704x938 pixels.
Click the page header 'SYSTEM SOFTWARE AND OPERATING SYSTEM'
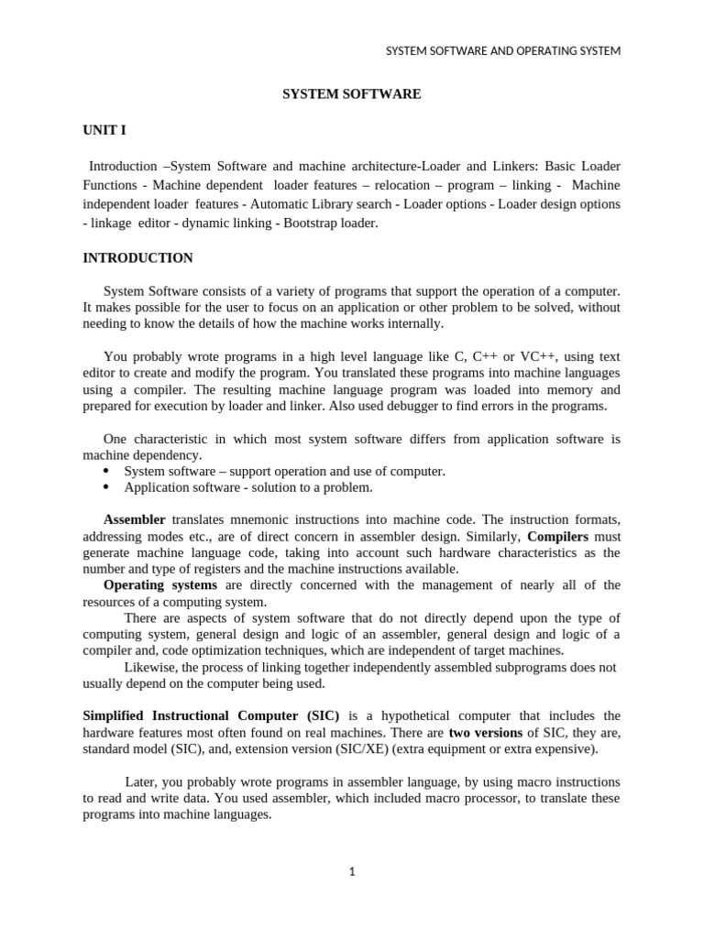[502, 51]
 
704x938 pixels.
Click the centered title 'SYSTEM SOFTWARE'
[351, 94]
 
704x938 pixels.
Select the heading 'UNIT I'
[104, 130]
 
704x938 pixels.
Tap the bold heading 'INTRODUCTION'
[137, 258]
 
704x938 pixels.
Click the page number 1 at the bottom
[351, 871]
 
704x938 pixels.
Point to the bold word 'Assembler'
[135, 520]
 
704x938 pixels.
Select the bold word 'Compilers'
[558, 537]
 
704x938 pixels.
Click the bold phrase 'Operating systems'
[160, 585]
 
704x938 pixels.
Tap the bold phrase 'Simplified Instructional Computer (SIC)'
[211, 715]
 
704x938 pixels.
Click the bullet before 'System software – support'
[105, 471]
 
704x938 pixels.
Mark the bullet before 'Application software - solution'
[105, 487]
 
